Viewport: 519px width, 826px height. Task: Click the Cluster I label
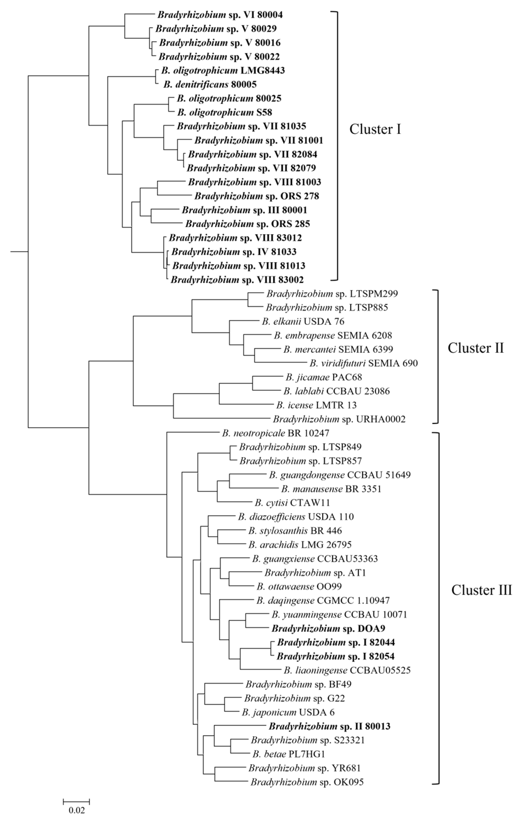point(375,129)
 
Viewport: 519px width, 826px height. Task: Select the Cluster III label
point(481,590)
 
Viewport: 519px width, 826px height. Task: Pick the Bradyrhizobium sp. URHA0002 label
point(339,419)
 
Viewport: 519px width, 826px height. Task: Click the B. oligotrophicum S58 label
point(225,112)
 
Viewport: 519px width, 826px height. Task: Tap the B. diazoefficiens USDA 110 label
point(296,517)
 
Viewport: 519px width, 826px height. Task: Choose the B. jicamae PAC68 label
point(323,377)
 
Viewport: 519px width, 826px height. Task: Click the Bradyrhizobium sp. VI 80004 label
point(220,15)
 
